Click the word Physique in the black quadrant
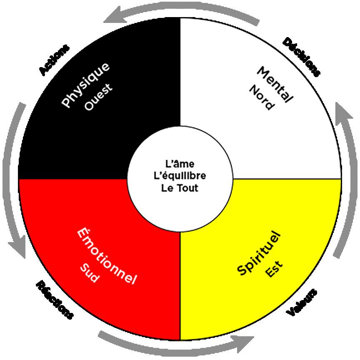pos(86,85)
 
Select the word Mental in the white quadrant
pos(275,85)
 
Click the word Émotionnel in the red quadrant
pos(107,256)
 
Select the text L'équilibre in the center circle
pos(180,175)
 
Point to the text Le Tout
pos(180,187)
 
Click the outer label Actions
pos(54,60)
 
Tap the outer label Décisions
pos(302,57)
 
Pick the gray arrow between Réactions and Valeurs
pos(179,342)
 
